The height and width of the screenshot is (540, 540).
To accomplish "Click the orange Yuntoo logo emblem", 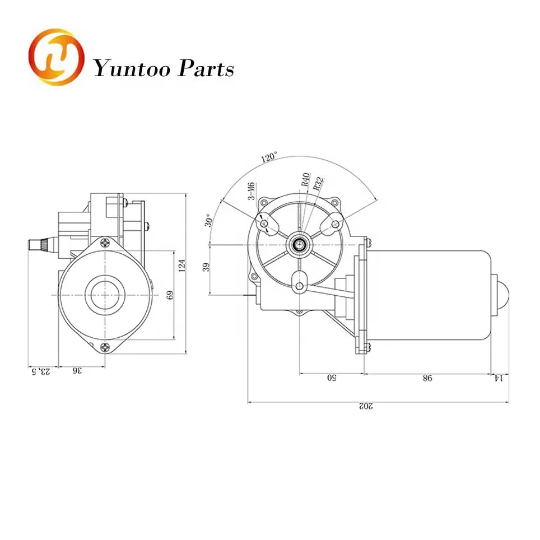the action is coord(57,57).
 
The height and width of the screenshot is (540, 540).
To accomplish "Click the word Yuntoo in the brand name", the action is coord(132,69).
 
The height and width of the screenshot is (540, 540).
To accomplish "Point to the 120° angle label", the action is coord(269,157).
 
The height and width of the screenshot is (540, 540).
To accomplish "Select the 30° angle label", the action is coord(209,220).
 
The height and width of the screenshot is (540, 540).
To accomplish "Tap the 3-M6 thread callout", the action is coord(251,191).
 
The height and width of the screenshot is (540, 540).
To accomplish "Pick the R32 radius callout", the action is coord(318,184).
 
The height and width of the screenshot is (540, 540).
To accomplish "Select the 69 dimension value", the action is coord(170,295).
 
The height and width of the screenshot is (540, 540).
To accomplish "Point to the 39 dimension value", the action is coord(206,267).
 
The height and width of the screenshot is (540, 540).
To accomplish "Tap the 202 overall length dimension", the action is coord(366,406).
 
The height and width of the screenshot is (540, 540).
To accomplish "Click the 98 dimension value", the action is coord(427,378).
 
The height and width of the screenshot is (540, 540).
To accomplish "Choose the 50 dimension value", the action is coord(331,378).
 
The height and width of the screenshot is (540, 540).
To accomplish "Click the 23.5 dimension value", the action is coord(41,371).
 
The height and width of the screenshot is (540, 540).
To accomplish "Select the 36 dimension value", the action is coord(77,371).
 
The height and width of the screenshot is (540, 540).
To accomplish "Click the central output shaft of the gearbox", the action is coord(299,245).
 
